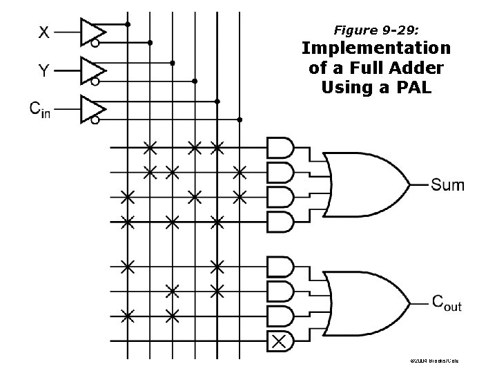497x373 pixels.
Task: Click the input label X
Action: [43, 31]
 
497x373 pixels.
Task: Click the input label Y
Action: [43, 70]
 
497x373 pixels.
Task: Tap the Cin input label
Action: [39, 109]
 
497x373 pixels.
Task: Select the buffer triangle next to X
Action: [91, 31]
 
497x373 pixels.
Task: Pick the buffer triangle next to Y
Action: [91, 70]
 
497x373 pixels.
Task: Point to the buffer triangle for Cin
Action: [91, 108]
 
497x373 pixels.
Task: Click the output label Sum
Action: [447, 184]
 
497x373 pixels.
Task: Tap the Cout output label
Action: [446, 302]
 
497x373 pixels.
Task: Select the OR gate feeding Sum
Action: [365, 184]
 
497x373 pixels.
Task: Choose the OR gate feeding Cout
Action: [365, 300]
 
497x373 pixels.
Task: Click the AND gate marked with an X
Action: [279, 340]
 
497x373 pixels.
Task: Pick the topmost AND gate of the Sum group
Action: [280, 147]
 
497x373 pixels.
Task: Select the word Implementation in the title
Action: [376, 49]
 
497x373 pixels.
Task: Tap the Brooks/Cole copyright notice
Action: [433, 361]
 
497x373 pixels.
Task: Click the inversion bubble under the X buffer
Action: [95, 43]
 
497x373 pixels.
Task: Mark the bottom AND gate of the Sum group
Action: [280, 222]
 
